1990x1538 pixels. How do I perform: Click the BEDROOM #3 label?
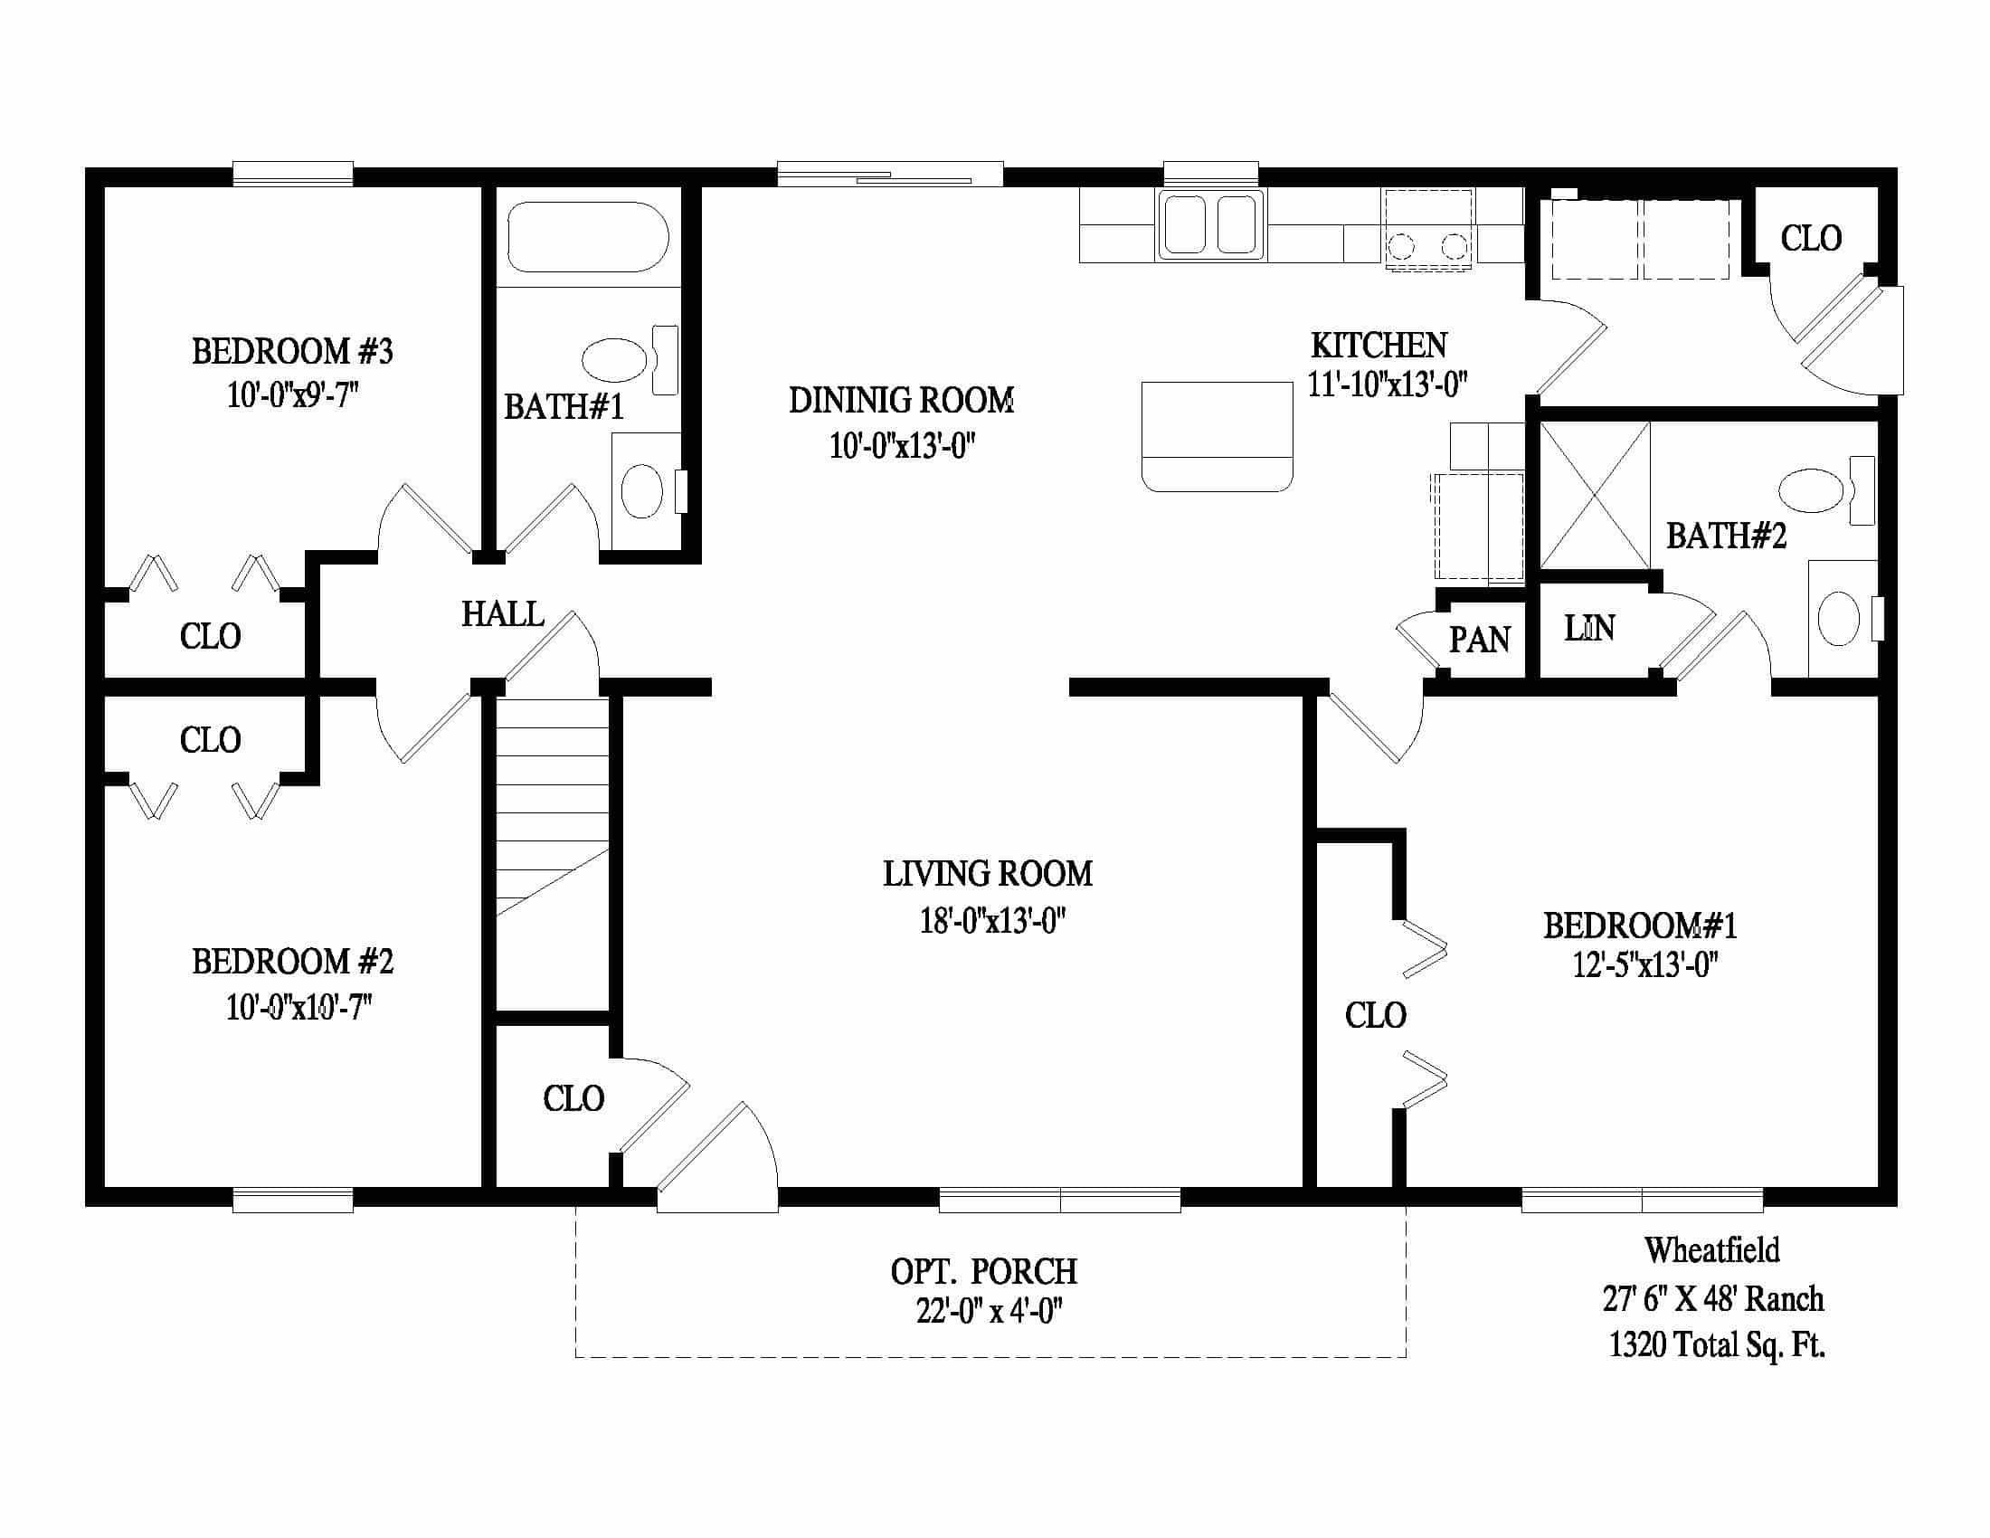[291, 351]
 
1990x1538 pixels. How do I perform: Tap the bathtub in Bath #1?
[588, 237]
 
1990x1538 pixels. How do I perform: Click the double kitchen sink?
[1210, 224]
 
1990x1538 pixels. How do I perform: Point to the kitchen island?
[1217, 435]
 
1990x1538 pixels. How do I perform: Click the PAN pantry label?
[1480, 640]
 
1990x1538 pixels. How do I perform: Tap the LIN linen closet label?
[1589, 628]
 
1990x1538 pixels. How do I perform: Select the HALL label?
[502, 614]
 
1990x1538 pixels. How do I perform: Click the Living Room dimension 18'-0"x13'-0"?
[992, 921]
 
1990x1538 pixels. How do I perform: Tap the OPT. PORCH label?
[984, 1271]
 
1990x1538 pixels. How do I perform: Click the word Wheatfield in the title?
[1712, 1250]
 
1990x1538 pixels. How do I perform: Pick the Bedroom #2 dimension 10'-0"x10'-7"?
[299, 1007]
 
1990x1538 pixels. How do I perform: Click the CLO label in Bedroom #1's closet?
[1375, 1015]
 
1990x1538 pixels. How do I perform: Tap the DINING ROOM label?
[901, 401]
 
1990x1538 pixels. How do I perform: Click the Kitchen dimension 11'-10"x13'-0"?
[1387, 384]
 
